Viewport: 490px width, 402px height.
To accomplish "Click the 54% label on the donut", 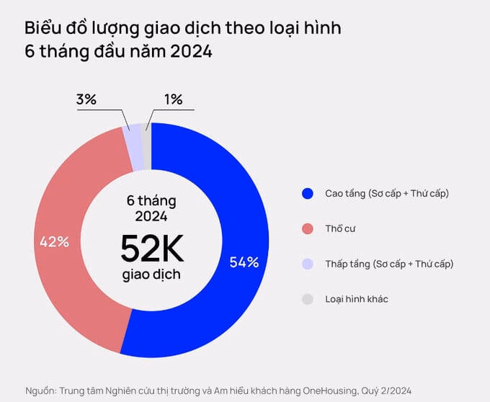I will [x=244, y=262].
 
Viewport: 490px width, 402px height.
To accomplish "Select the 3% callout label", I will [x=86, y=99].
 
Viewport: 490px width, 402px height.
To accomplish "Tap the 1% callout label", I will [x=173, y=99].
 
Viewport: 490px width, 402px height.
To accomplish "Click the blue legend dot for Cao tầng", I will [x=308, y=194].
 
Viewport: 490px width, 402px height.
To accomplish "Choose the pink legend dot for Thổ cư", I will [x=308, y=229].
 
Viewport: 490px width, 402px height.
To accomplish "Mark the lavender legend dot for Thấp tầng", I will [x=308, y=264].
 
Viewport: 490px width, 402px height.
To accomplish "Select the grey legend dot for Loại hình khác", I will [x=308, y=298].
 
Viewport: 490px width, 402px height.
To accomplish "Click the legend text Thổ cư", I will [x=341, y=229].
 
